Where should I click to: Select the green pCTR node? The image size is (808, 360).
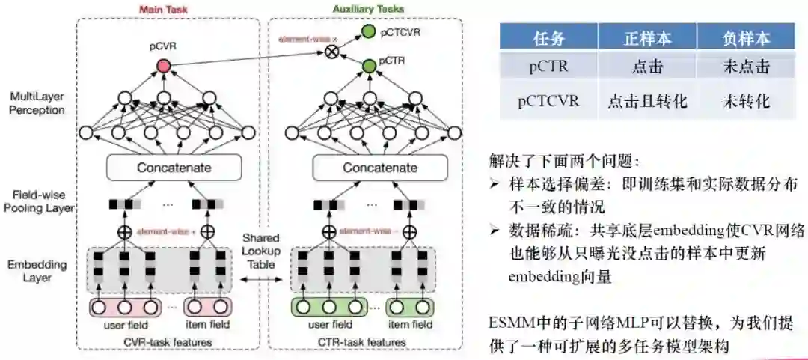pos(369,67)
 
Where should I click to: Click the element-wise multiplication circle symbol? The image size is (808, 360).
pos(329,52)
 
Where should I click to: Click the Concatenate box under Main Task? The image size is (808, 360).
pos(174,168)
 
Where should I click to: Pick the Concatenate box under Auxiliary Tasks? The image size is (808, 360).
pos(380,168)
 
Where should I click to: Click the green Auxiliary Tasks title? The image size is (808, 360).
pos(368,9)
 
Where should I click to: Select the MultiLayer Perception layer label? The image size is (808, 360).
pos(37,103)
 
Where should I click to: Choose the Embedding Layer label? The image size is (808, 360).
pos(37,271)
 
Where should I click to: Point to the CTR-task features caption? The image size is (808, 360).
pos(370,342)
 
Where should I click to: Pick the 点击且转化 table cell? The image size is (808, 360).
pos(646,101)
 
